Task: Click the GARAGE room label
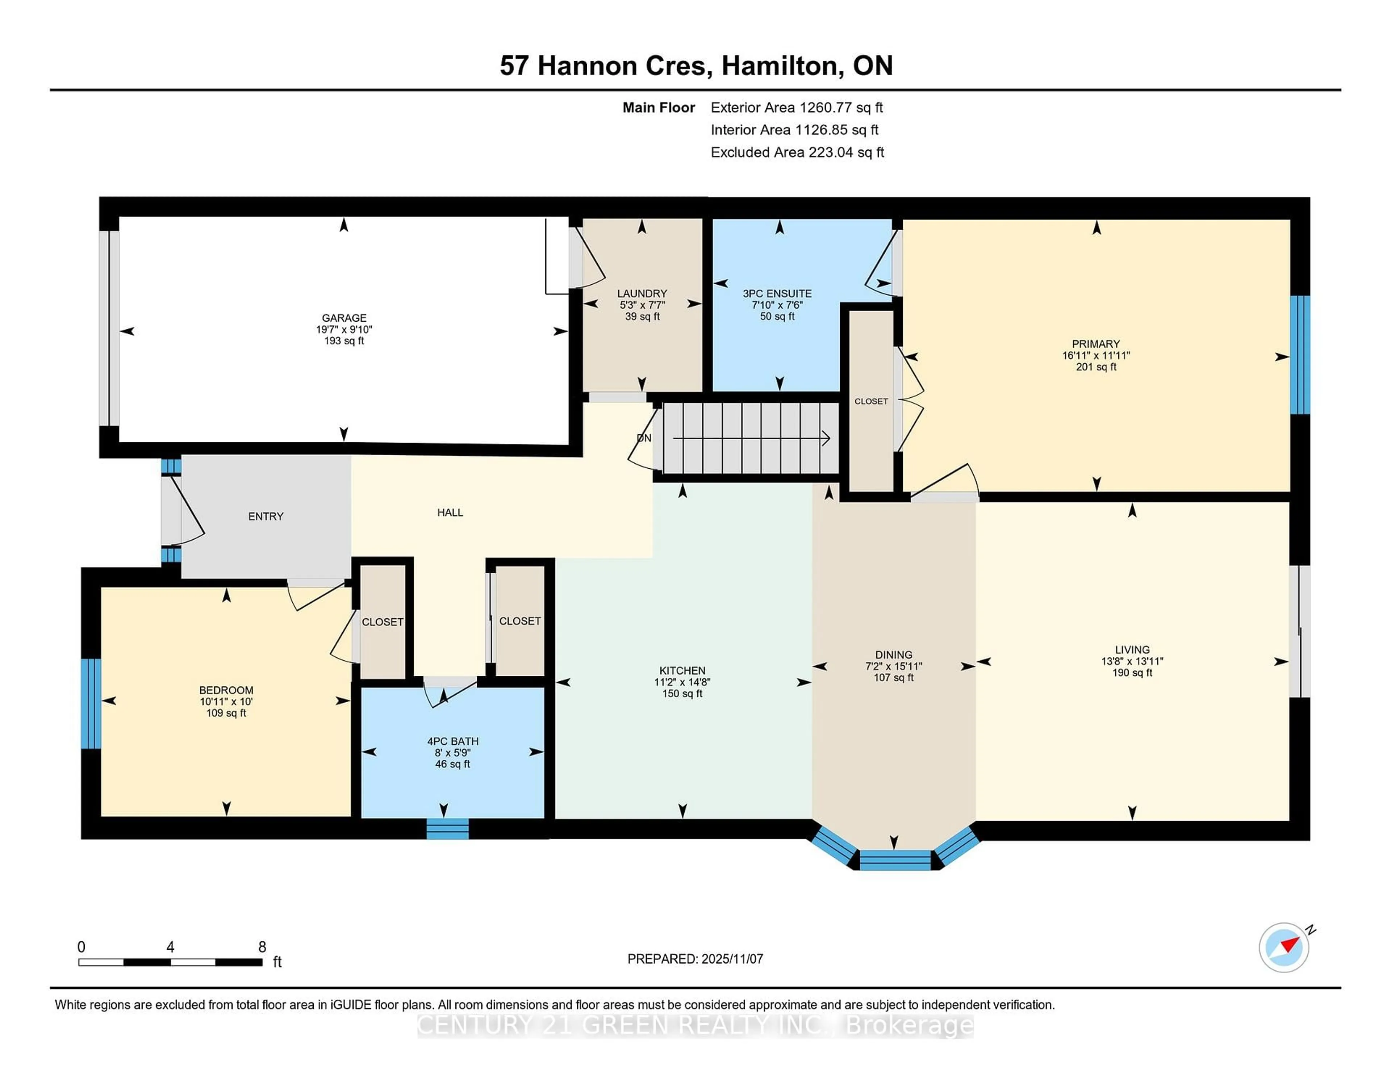pyautogui.click(x=344, y=318)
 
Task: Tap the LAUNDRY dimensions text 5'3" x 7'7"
pyautogui.click(x=642, y=305)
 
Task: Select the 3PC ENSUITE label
pyautogui.click(x=777, y=294)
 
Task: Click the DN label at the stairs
pyautogui.click(x=644, y=438)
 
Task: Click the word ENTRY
pyautogui.click(x=266, y=516)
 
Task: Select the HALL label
pyautogui.click(x=450, y=513)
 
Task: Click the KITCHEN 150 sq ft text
pyautogui.click(x=682, y=694)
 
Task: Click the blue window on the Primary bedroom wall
pyautogui.click(x=1299, y=355)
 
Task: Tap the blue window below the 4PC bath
pyautogui.click(x=447, y=829)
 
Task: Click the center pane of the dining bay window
pyautogui.click(x=895, y=860)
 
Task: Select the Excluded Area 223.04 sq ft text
pyautogui.click(x=797, y=152)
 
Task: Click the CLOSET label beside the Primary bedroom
pyautogui.click(x=871, y=401)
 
